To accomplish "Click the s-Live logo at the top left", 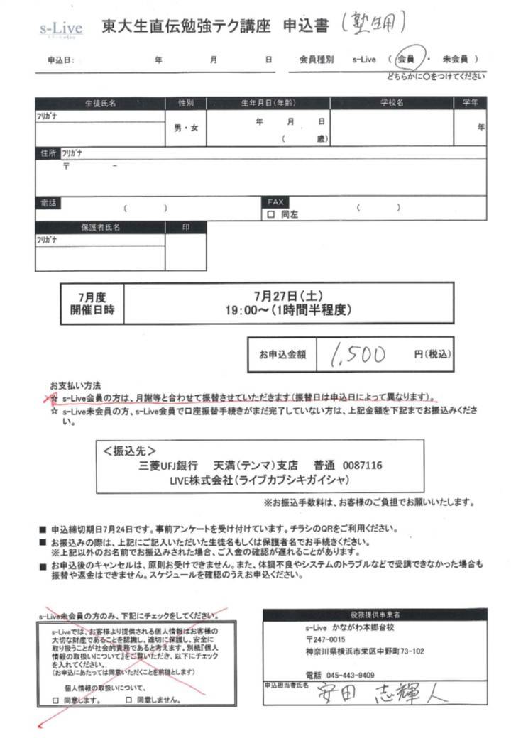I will pos(61,29).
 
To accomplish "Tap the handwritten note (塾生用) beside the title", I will pos(373,25).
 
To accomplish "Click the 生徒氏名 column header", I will pos(100,103).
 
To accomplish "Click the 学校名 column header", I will pos(391,103).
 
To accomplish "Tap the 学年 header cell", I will pos(470,103).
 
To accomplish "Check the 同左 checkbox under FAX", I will pos(271,214).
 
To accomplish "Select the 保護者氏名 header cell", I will pos(100,228).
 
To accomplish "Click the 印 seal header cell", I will pos(186,228).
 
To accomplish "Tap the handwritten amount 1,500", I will pos(358,354).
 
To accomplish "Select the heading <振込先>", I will pos(129,451).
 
